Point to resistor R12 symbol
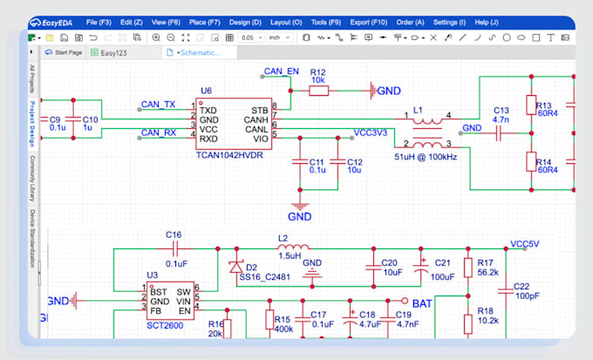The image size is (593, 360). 318,90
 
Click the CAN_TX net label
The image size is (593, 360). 158,105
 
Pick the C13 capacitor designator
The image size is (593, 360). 501,111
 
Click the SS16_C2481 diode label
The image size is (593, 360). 267,277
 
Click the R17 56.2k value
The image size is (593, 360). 488,272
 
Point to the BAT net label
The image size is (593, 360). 422,303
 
